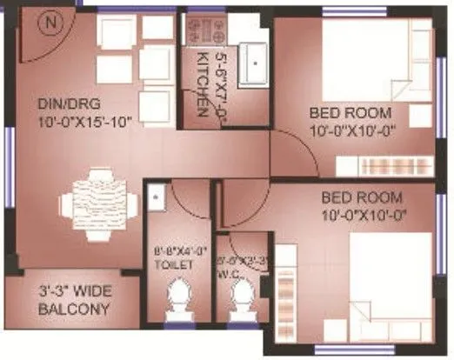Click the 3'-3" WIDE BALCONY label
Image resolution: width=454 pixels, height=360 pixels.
tap(74, 301)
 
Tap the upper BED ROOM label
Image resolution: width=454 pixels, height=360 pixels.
tap(351, 114)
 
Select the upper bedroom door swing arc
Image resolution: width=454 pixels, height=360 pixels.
tap(296, 148)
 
